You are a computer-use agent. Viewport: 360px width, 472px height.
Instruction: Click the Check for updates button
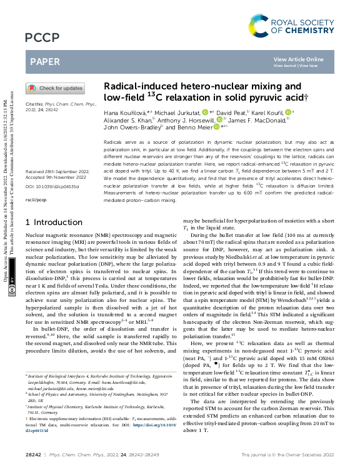[55, 89]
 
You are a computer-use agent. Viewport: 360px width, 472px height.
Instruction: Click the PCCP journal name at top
[41, 39]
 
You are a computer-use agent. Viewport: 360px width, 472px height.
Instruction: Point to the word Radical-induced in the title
[132, 86]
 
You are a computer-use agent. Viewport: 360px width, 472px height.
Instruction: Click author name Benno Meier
[196, 126]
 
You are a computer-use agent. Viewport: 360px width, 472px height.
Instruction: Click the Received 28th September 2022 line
[53, 171]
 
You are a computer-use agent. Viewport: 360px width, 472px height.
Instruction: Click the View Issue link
[308, 64]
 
